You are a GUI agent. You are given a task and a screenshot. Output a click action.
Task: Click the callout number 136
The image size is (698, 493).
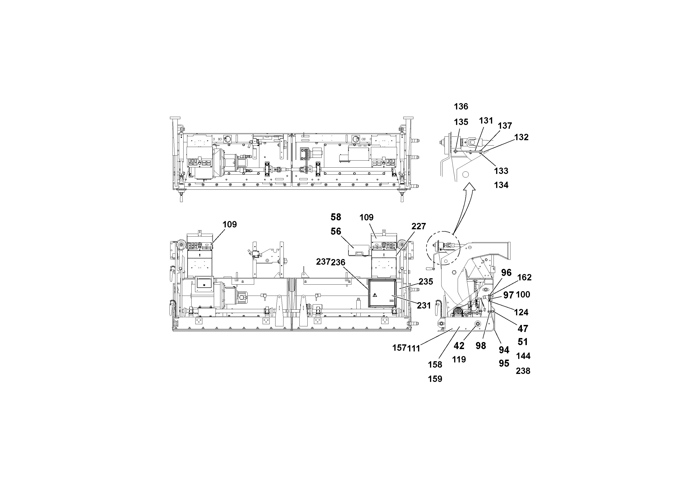pos(461,106)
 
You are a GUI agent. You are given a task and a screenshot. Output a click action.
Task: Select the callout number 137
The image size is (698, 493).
pos(505,125)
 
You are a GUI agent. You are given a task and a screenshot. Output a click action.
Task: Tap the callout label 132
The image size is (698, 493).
pos(521,137)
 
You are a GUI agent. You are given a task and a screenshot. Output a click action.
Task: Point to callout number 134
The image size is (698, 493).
pos(501,185)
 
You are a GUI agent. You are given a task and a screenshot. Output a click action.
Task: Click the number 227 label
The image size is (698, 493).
pos(419,226)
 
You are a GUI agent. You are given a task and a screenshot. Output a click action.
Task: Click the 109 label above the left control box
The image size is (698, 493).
pos(229,224)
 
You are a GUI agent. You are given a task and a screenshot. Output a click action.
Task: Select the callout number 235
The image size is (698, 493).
pos(426,282)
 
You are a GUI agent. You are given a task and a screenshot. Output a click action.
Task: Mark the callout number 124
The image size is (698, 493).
pos(521,312)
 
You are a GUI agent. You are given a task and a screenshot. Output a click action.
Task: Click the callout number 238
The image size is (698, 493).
pos(523,371)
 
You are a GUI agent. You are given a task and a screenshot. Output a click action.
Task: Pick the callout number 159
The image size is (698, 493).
pos(435,379)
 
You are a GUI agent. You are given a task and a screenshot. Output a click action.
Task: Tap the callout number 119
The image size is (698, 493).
pos(459,360)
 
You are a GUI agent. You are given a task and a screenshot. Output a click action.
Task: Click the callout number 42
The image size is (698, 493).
pos(459,346)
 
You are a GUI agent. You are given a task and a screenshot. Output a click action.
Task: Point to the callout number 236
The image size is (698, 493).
pos(338,262)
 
